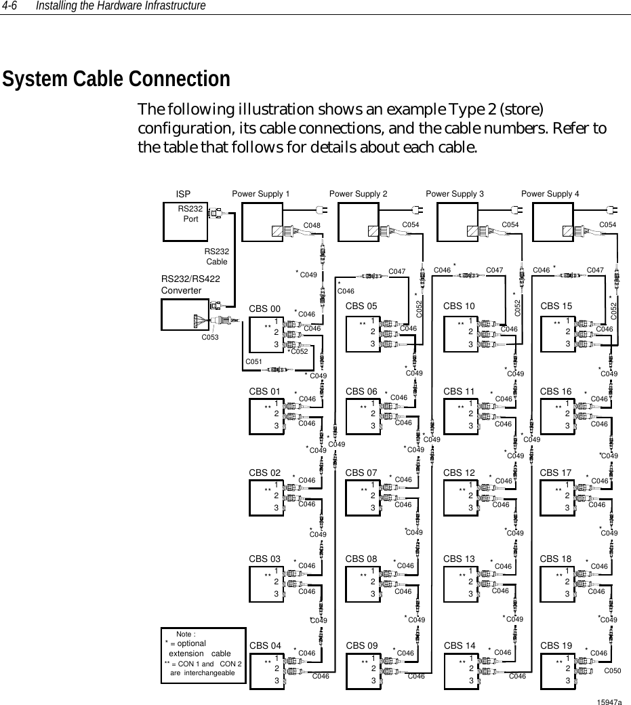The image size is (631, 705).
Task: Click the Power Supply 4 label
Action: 550,194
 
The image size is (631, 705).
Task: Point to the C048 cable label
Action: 312,224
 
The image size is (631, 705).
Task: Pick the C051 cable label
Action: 253,362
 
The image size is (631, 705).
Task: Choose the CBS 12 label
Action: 458,472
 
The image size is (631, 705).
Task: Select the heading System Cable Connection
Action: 117,79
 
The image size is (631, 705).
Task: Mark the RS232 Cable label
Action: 217,256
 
